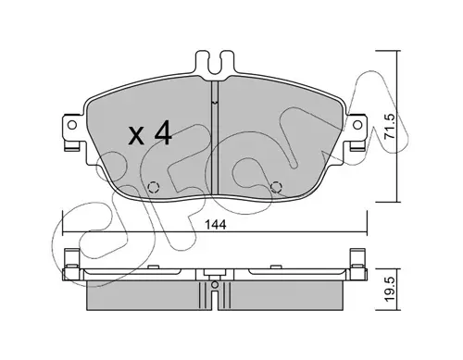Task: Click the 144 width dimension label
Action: click(215, 225)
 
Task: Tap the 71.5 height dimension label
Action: click(390, 126)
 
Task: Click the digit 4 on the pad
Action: click(162, 133)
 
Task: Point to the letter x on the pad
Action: click(136, 136)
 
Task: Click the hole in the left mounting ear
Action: click(72, 125)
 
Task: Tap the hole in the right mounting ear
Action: click(357, 125)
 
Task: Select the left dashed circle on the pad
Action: click(154, 187)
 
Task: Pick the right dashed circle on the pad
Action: click(276, 187)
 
